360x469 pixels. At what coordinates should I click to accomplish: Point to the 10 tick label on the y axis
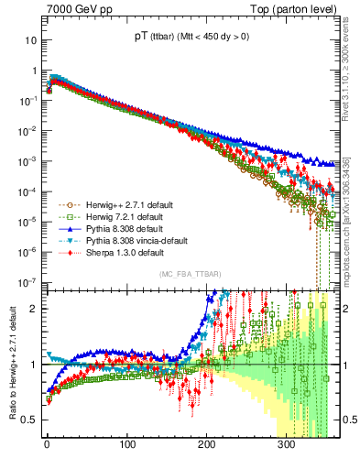[29, 41]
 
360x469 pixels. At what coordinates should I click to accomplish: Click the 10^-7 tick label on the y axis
[27, 281]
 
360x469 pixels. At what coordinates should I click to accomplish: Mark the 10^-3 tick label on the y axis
[27, 161]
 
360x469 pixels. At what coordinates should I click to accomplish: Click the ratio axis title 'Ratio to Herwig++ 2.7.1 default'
[10, 365]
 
